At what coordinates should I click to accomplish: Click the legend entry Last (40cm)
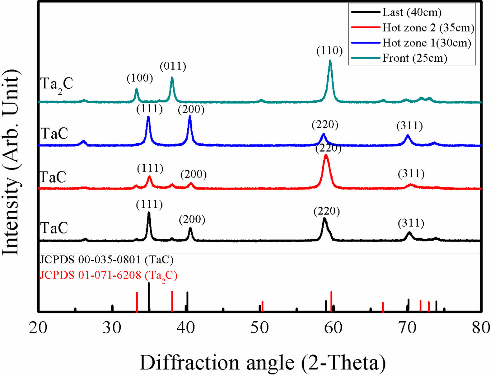click(x=412, y=12)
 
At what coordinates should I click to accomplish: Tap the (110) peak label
click(x=329, y=50)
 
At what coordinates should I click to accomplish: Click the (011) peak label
click(x=173, y=66)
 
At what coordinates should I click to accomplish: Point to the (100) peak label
click(x=140, y=78)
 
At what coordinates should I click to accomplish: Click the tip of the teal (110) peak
click(x=330, y=61)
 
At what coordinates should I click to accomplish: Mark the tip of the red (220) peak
click(x=326, y=155)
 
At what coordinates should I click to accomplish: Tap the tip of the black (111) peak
click(x=149, y=213)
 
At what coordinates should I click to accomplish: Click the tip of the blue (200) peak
click(x=190, y=116)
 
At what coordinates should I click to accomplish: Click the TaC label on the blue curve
click(x=54, y=134)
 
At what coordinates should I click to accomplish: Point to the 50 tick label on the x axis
click(x=259, y=327)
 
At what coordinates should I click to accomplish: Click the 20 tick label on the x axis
click(x=38, y=327)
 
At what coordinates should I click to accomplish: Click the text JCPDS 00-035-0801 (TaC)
click(x=107, y=260)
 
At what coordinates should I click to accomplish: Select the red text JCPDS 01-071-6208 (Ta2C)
click(x=109, y=275)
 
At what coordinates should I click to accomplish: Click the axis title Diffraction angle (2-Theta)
click(x=263, y=363)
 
